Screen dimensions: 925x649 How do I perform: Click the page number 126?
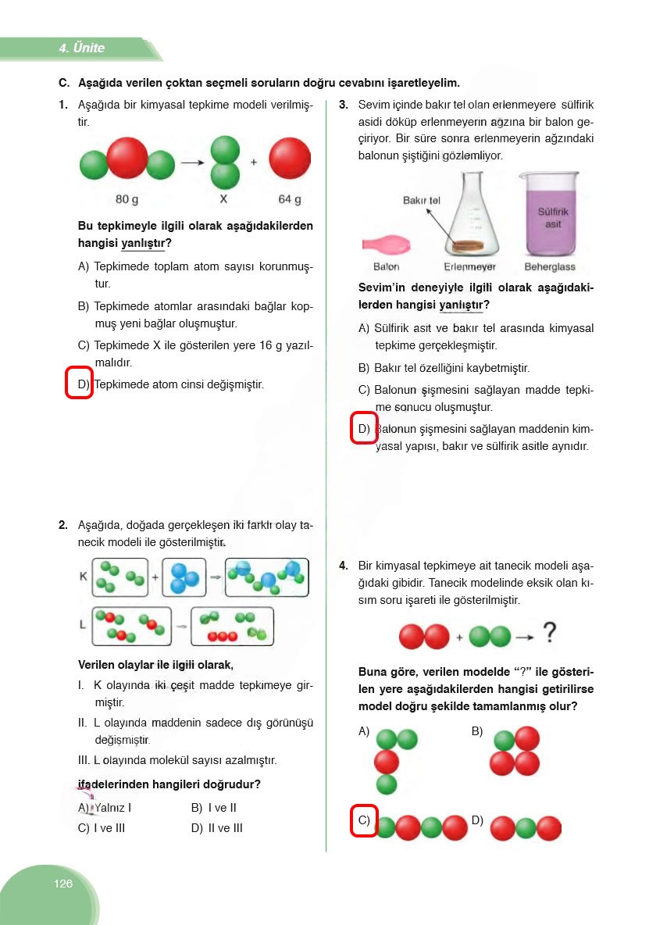(63, 884)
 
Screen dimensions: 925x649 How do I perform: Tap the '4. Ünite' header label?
(81, 48)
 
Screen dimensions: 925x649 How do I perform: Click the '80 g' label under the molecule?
(127, 199)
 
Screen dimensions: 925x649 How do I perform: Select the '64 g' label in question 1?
(290, 199)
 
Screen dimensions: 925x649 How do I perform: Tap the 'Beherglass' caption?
(550, 267)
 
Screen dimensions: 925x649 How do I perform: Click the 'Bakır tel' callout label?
(422, 201)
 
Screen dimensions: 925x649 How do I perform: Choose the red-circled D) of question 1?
(80, 384)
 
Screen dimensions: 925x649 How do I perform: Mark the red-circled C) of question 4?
(364, 820)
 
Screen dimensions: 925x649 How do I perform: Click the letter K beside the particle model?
(83, 577)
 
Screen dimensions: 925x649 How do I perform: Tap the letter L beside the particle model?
(83, 625)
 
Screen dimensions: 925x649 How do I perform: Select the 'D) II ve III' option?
(216, 828)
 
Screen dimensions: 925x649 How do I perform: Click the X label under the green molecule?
(223, 199)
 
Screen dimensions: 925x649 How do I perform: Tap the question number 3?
(344, 105)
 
